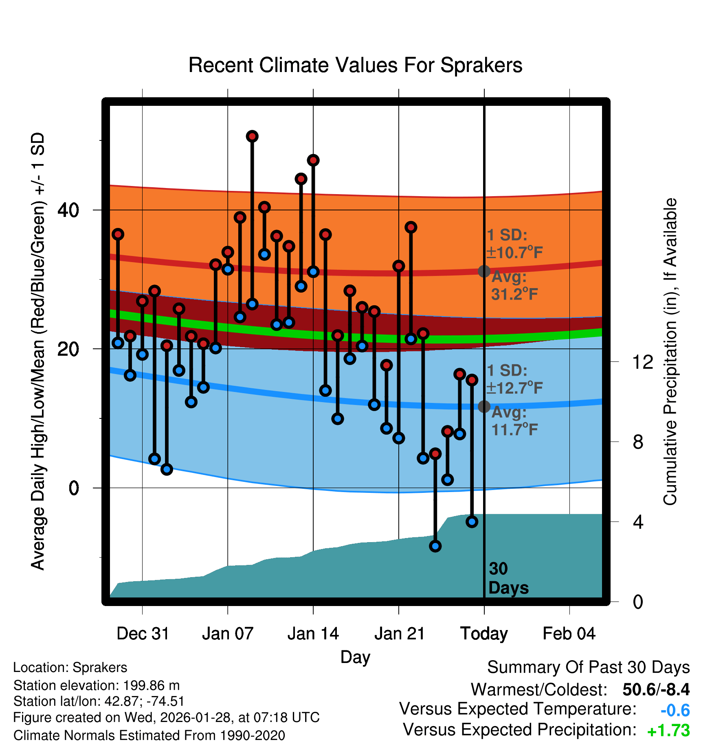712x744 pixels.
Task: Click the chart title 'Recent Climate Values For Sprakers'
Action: [355, 65]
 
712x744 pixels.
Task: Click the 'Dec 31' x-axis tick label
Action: [143, 634]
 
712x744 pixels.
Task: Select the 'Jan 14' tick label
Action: [313, 634]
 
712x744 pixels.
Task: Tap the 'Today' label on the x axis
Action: [484, 634]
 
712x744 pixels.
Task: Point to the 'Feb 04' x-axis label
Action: [569, 634]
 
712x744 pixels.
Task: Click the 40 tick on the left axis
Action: [68, 210]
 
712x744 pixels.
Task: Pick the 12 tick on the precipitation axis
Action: [643, 362]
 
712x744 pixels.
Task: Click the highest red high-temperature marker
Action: [252, 136]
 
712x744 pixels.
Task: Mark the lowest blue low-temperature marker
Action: [435, 546]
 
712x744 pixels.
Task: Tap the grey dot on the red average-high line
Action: [484, 271]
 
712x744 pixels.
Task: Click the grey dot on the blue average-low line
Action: [484, 406]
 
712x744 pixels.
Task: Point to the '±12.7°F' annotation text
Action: [515, 388]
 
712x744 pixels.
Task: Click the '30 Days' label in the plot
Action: [508, 578]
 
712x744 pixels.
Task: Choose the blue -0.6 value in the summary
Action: [675, 711]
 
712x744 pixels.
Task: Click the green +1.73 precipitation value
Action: [668, 731]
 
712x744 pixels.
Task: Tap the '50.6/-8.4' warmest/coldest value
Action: [656, 689]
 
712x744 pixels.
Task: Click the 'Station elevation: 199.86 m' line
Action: [97, 685]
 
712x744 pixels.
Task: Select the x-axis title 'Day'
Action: [355, 657]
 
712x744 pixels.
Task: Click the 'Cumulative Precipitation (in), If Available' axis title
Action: [670, 352]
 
